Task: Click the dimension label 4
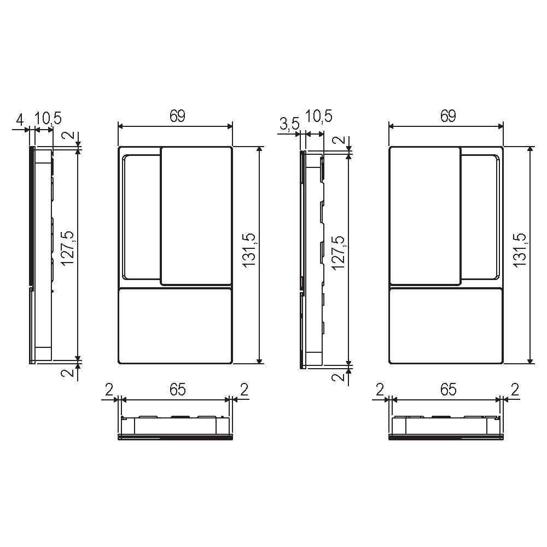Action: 20,120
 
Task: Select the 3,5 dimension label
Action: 289,124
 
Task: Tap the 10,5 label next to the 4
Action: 48,119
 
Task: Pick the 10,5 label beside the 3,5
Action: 319,116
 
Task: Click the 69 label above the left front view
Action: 177,116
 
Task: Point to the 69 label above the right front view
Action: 448,116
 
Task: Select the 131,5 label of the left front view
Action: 249,251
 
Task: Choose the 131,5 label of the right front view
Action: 520,251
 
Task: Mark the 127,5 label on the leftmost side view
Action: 67,248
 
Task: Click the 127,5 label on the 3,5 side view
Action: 338,253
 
